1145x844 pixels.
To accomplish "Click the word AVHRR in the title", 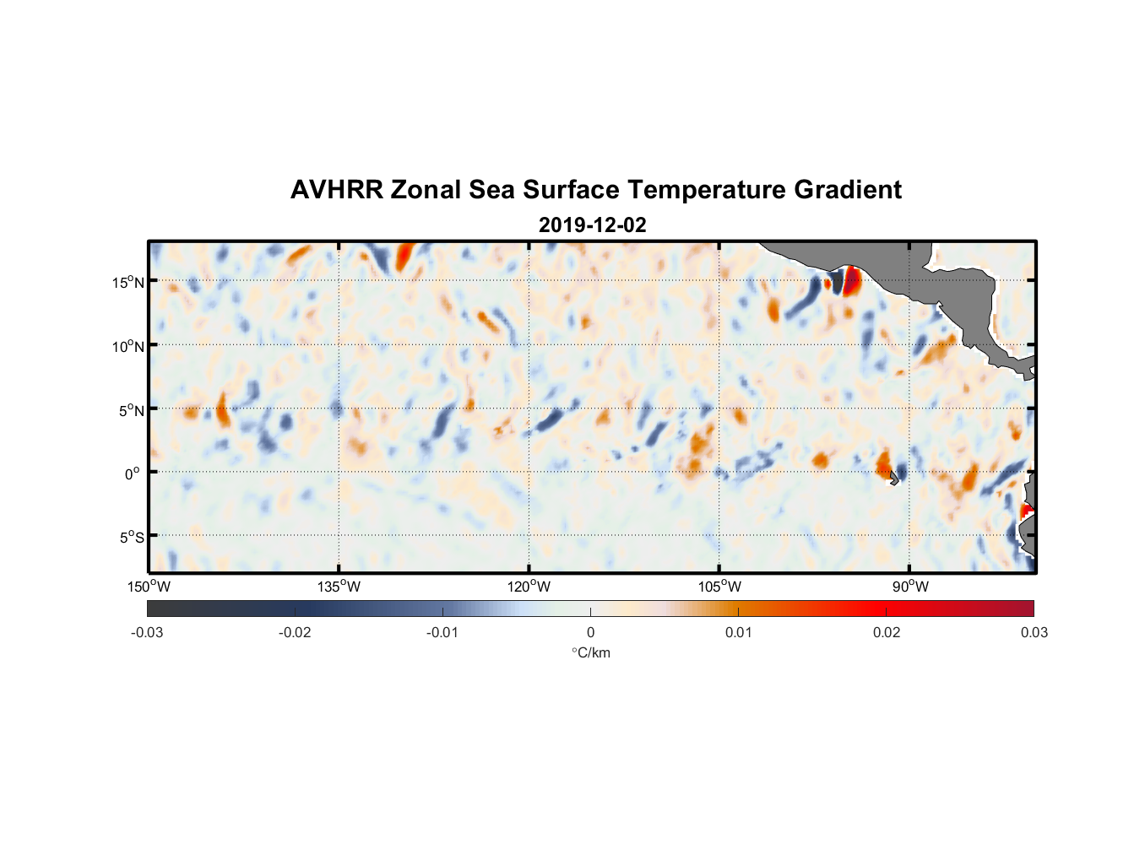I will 336,190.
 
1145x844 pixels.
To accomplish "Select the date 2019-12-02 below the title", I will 592,225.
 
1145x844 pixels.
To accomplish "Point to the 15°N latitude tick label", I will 128,282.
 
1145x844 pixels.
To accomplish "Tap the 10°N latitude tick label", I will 128,346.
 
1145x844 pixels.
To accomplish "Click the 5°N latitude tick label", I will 131,410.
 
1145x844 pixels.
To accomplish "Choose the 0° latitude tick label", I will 133,473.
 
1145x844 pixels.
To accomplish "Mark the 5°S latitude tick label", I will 131,538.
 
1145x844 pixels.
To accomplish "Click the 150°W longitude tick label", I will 149,587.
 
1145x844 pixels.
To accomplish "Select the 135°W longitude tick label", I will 339,587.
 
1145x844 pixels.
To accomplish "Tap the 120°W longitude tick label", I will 529,587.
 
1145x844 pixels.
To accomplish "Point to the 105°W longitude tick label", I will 719,587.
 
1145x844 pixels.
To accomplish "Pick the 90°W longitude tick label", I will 910,587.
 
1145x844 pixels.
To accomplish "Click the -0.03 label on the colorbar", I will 147,632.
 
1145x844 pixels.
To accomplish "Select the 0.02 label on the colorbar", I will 886,632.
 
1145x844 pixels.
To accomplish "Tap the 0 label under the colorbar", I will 590,632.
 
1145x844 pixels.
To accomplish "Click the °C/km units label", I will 591,652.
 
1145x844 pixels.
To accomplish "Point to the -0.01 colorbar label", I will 442,632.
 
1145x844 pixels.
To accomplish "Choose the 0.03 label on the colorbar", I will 1034,632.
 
